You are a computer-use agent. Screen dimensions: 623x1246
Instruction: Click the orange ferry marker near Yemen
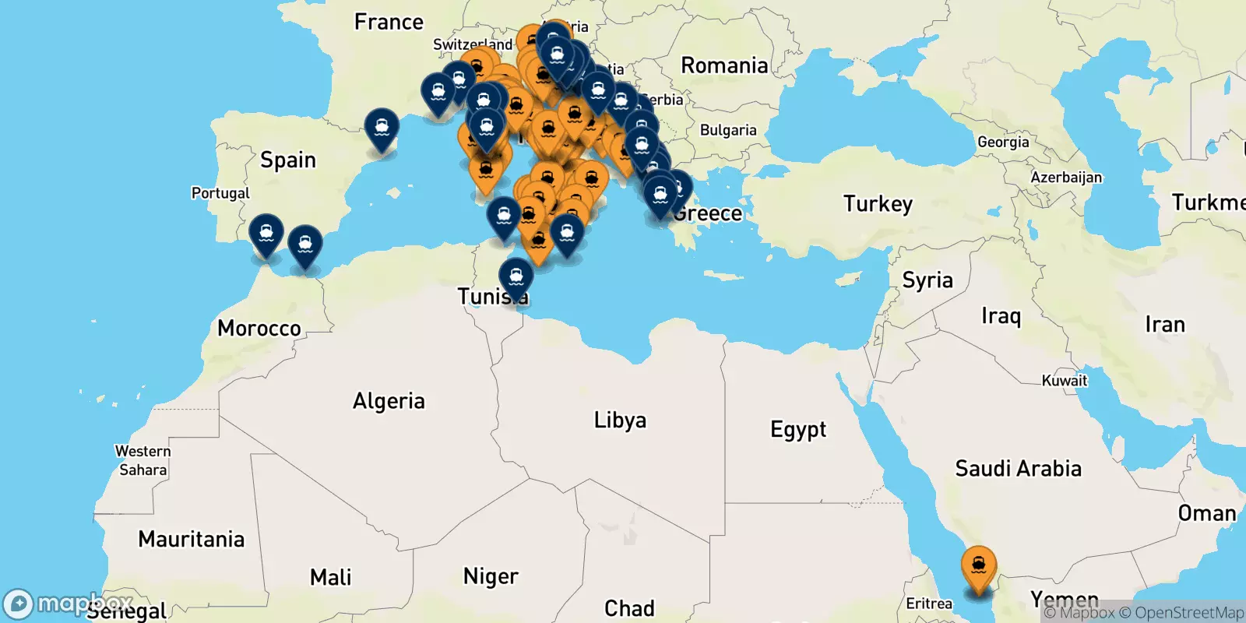tap(978, 566)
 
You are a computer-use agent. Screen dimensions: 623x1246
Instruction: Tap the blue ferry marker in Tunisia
tap(516, 277)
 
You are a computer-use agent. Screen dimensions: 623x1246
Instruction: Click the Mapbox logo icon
tap(18, 604)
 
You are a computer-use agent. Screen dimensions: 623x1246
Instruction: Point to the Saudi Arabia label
tap(1018, 468)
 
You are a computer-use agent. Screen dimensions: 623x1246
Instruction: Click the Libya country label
tap(620, 420)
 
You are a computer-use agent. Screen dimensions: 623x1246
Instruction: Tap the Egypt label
tap(798, 429)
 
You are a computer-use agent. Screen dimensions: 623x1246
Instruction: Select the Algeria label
tap(389, 401)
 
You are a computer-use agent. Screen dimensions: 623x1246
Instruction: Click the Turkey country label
tap(878, 204)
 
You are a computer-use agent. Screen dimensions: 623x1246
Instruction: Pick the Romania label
tap(724, 65)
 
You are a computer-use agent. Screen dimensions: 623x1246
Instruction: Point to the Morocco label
tap(259, 328)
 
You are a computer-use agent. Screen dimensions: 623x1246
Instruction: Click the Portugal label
tap(220, 193)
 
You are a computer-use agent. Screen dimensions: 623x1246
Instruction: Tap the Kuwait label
tap(1065, 381)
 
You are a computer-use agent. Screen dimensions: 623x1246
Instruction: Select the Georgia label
tap(1003, 142)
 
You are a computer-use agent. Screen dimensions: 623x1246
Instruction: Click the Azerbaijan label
tap(1066, 178)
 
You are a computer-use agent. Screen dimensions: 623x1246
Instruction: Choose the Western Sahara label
tap(143, 460)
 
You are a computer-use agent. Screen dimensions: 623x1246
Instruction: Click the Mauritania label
tap(191, 539)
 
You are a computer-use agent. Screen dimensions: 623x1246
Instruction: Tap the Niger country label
tap(491, 576)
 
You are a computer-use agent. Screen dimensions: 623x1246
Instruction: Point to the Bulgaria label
tap(728, 130)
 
